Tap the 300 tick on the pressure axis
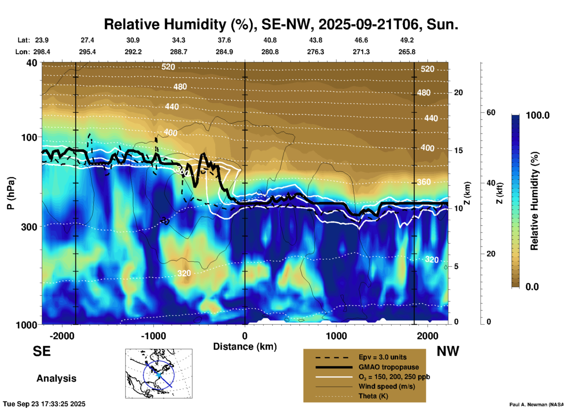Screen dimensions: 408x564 [29, 227]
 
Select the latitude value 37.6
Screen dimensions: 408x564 [224, 40]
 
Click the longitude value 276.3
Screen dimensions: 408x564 [315, 52]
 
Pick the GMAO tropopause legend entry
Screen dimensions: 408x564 [389, 367]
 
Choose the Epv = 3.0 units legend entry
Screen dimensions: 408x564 [382, 357]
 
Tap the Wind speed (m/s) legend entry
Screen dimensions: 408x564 [387, 386]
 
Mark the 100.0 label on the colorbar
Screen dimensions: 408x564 [538, 115]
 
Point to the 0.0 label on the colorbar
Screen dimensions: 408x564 [532, 287]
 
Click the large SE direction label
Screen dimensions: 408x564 [42, 351]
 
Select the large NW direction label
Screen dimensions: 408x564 [448, 351]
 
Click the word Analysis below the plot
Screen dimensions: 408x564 [56, 378]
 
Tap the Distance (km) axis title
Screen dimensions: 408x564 [245, 347]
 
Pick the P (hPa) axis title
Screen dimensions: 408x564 [11, 193]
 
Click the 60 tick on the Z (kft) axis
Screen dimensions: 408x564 [491, 112]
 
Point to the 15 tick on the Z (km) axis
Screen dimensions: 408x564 [458, 150]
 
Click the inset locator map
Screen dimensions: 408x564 [159, 373]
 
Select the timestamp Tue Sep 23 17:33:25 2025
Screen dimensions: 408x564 [44, 404]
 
